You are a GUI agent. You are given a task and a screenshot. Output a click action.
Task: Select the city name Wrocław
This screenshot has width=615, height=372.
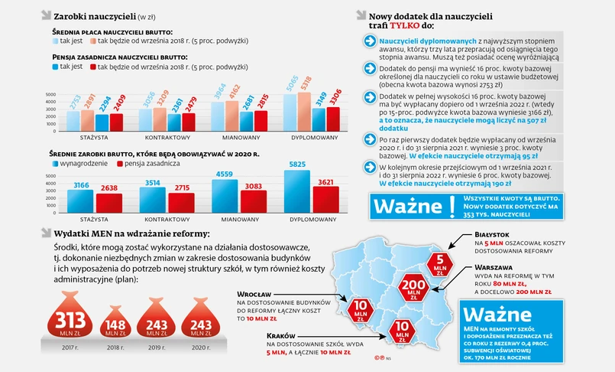252,293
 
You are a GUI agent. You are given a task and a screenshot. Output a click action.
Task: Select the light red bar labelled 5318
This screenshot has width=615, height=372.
306,105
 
